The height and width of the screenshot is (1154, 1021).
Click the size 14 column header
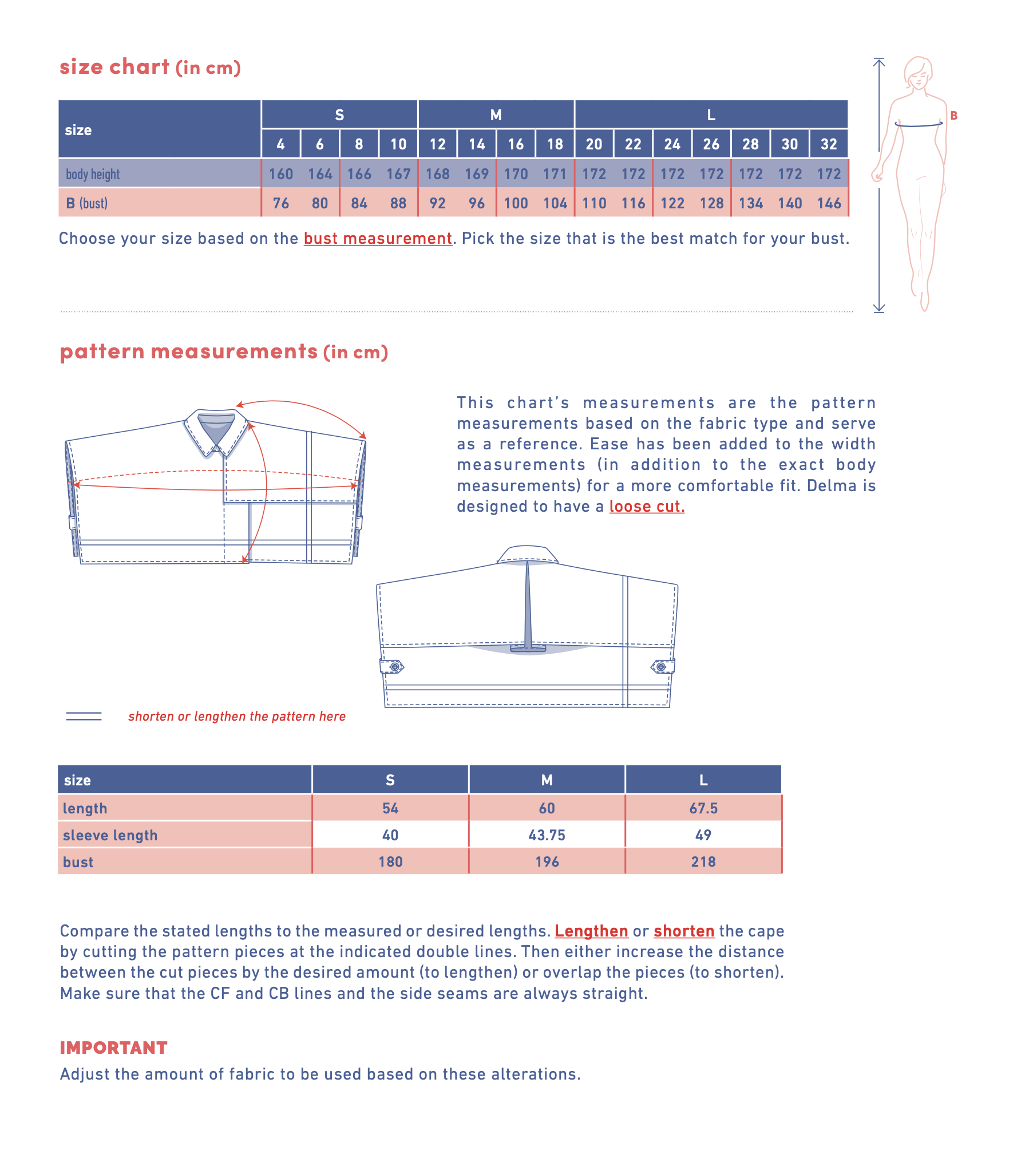(x=477, y=144)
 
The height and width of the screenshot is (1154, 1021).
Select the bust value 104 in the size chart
(x=555, y=203)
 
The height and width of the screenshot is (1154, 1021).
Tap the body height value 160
(x=281, y=174)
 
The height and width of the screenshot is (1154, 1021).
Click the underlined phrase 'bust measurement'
(x=378, y=239)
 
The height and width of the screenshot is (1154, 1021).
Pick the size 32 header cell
(x=829, y=144)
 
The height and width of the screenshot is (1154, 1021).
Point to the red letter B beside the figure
(x=953, y=116)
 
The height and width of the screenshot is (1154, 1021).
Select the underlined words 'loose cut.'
(x=647, y=507)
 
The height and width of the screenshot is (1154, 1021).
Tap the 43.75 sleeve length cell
(x=547, y=835)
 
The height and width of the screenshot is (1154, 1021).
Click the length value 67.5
(x=703, y=808)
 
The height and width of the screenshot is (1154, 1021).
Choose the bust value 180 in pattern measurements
(x=390, y=862)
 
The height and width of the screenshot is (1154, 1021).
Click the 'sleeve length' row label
(x=110, y=835)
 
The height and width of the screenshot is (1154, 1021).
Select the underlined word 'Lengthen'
(x=591, y=931)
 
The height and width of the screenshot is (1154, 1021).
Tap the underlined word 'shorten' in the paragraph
(x=684, y=931)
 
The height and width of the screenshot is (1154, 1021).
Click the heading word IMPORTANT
(x=114, y=1048)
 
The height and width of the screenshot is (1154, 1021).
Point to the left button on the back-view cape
(x=394, y=667)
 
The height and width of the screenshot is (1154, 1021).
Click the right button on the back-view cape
(x=661, y=667)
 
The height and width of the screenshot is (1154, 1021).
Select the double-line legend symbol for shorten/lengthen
(x=84, y=716)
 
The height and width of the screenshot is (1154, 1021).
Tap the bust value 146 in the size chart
(x=829, y=203)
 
